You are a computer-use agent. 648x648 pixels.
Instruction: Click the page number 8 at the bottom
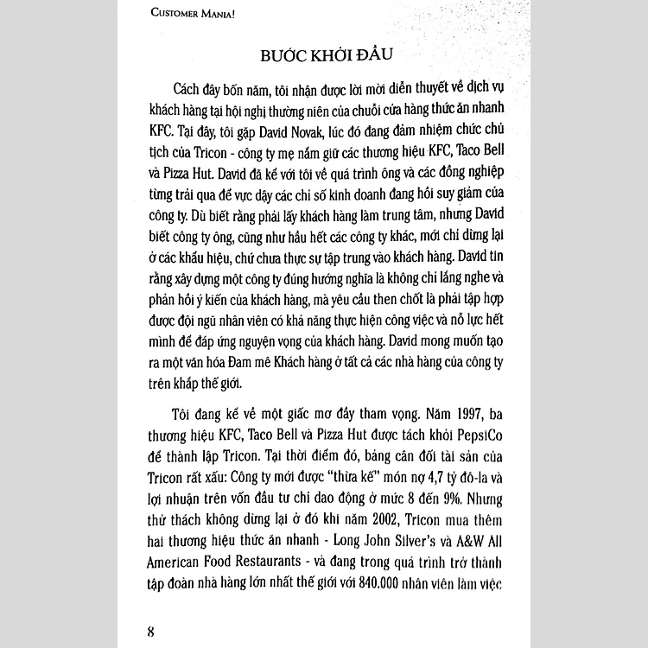coord(150,625)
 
